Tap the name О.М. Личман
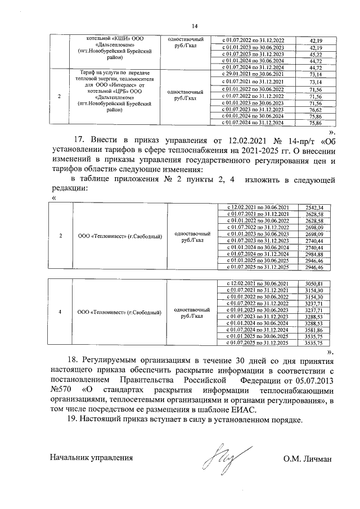[x=308, y=458]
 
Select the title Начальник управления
[x=91, y=458]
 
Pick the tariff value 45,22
[x=316, y=55]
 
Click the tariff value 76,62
[x=316, y=110]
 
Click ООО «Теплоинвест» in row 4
[x=119, y=310]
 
